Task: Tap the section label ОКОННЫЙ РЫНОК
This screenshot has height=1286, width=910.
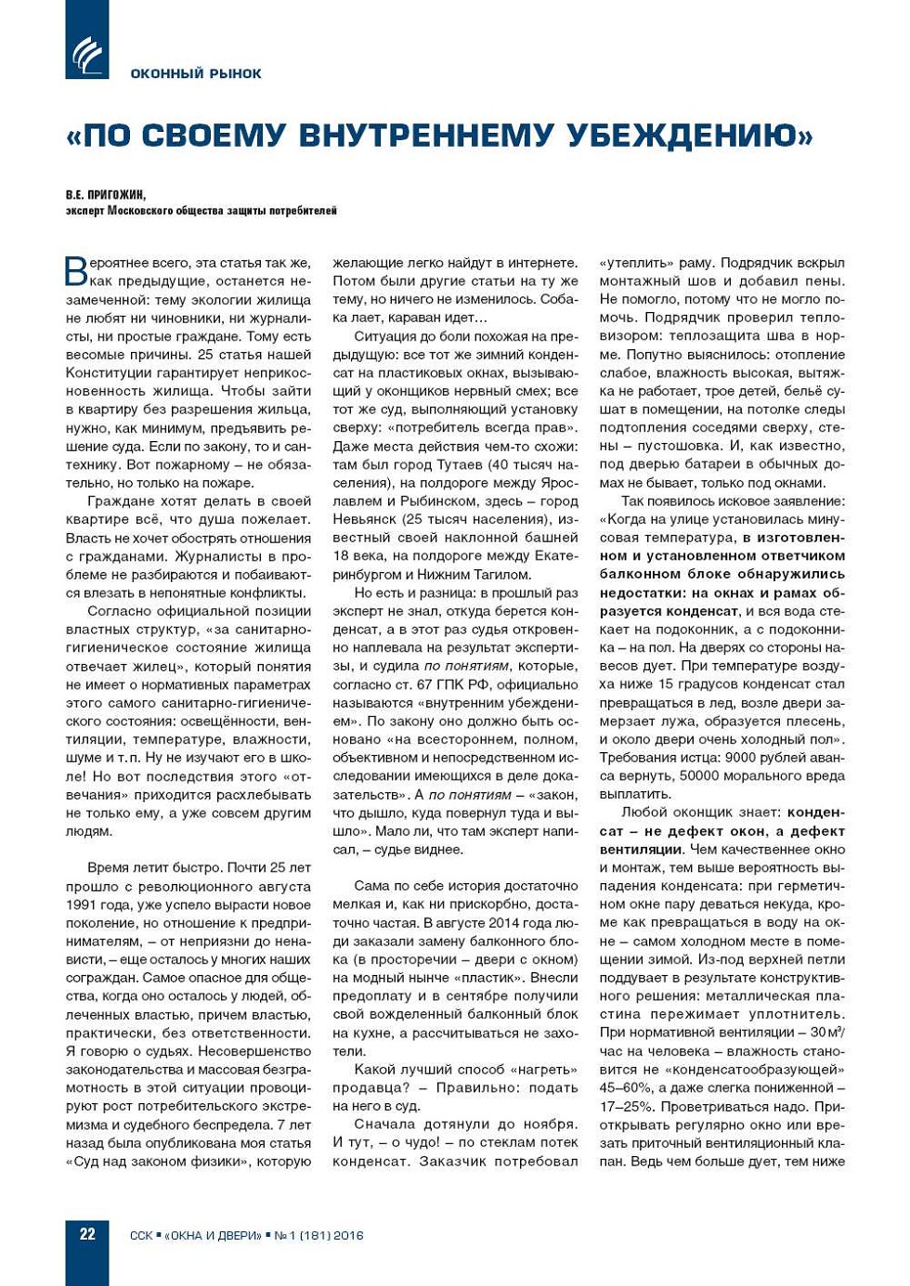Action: coord(196,73)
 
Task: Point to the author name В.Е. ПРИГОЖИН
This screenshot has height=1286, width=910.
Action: coord(106,195)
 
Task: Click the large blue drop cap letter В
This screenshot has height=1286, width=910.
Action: coord(76,270)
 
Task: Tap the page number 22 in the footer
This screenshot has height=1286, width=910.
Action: coord(87,1234)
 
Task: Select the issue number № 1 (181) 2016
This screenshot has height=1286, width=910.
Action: coord(318,1235)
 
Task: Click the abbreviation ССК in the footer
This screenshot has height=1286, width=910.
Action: coord(141,1235)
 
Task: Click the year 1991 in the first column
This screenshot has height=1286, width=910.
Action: coord(81,904)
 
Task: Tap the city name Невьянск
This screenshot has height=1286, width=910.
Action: coord(368,519)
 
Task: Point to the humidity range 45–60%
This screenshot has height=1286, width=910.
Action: coord(623,1087)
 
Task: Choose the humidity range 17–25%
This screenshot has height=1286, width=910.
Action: coord(623,1106)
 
